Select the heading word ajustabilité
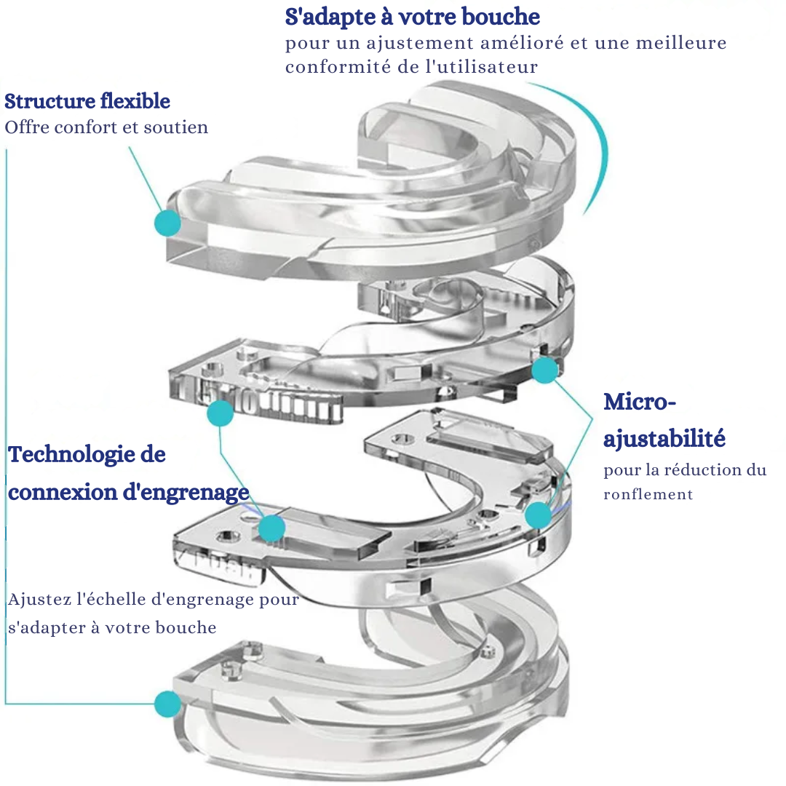[x=664, y=439]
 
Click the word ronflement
[x=648, y=494]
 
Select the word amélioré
[x=515, y=43]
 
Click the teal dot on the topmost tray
[x=168, y=222]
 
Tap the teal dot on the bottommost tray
[x=167, y=704]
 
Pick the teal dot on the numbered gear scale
[x=220, y=413]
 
